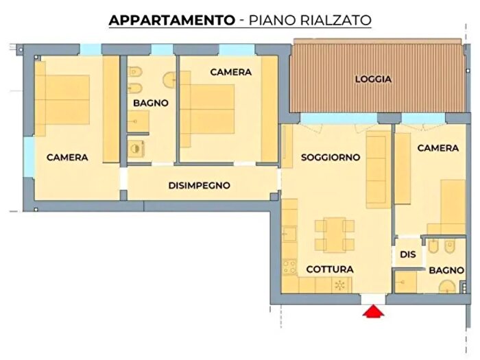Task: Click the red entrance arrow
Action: point(372,312)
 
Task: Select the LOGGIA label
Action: point(374,79)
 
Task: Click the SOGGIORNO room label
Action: point(331,157)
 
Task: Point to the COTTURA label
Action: point(330,269)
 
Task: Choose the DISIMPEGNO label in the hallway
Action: point(199,185)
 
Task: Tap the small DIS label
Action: point(407,254)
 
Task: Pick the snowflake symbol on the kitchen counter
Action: point(338,285)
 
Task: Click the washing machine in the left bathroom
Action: point(137,147)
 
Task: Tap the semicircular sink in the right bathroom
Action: point(446,287)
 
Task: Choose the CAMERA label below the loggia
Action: point(437,147)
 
